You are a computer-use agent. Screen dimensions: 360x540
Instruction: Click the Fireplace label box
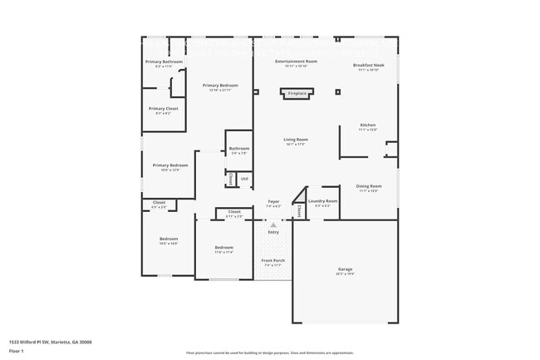click(x=297, y=94)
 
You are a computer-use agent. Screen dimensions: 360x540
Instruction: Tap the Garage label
click(x=345, y=269)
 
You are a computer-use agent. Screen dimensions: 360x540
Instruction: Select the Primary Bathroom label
click(x=164, y=62)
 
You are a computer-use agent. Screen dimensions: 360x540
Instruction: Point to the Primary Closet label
click(x=163, y=109)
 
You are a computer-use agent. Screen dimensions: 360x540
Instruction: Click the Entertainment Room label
click(x=297, y=62)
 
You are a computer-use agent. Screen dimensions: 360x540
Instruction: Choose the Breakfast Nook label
click(x=368, y=66)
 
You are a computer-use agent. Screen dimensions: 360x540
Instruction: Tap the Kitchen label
click(x=368, y=126)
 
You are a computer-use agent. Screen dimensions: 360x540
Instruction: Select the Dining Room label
click(x=368, y=186)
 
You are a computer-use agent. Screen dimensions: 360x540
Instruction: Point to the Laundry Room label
click(x=322, y=201)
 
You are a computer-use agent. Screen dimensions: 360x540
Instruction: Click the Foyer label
click(x=273, y=201)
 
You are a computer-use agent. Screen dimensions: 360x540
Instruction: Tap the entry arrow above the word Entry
click(x=273, y=224)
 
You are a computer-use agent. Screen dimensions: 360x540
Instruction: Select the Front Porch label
click(x=273, y=261)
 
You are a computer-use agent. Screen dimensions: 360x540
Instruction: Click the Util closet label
click(x=244, y=178)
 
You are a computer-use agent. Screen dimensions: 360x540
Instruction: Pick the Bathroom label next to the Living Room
click(x=239, y=150)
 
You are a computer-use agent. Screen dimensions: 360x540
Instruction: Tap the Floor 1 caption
click(x=16, y=351)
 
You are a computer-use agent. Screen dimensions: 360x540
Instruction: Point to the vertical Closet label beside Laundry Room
click(x=299, y=211)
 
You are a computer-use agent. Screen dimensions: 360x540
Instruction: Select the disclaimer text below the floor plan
click(x=270, y=353)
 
